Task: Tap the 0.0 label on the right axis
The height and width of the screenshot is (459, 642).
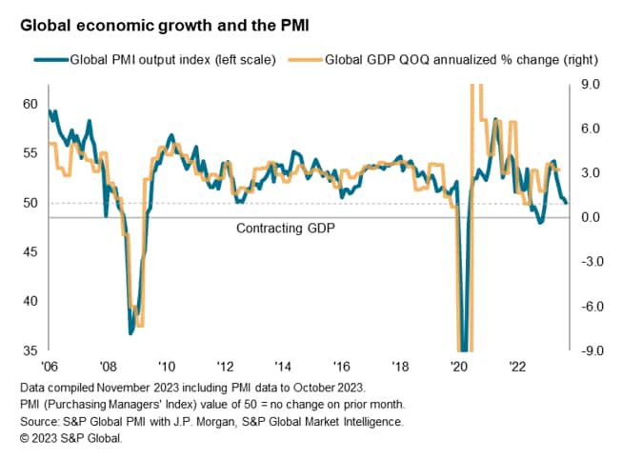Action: pos(591,217)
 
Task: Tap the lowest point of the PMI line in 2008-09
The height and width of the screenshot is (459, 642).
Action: pos(130,333)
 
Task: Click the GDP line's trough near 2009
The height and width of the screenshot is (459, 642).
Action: pos(140,326)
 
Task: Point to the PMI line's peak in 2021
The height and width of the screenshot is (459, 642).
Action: pos(495,120)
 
